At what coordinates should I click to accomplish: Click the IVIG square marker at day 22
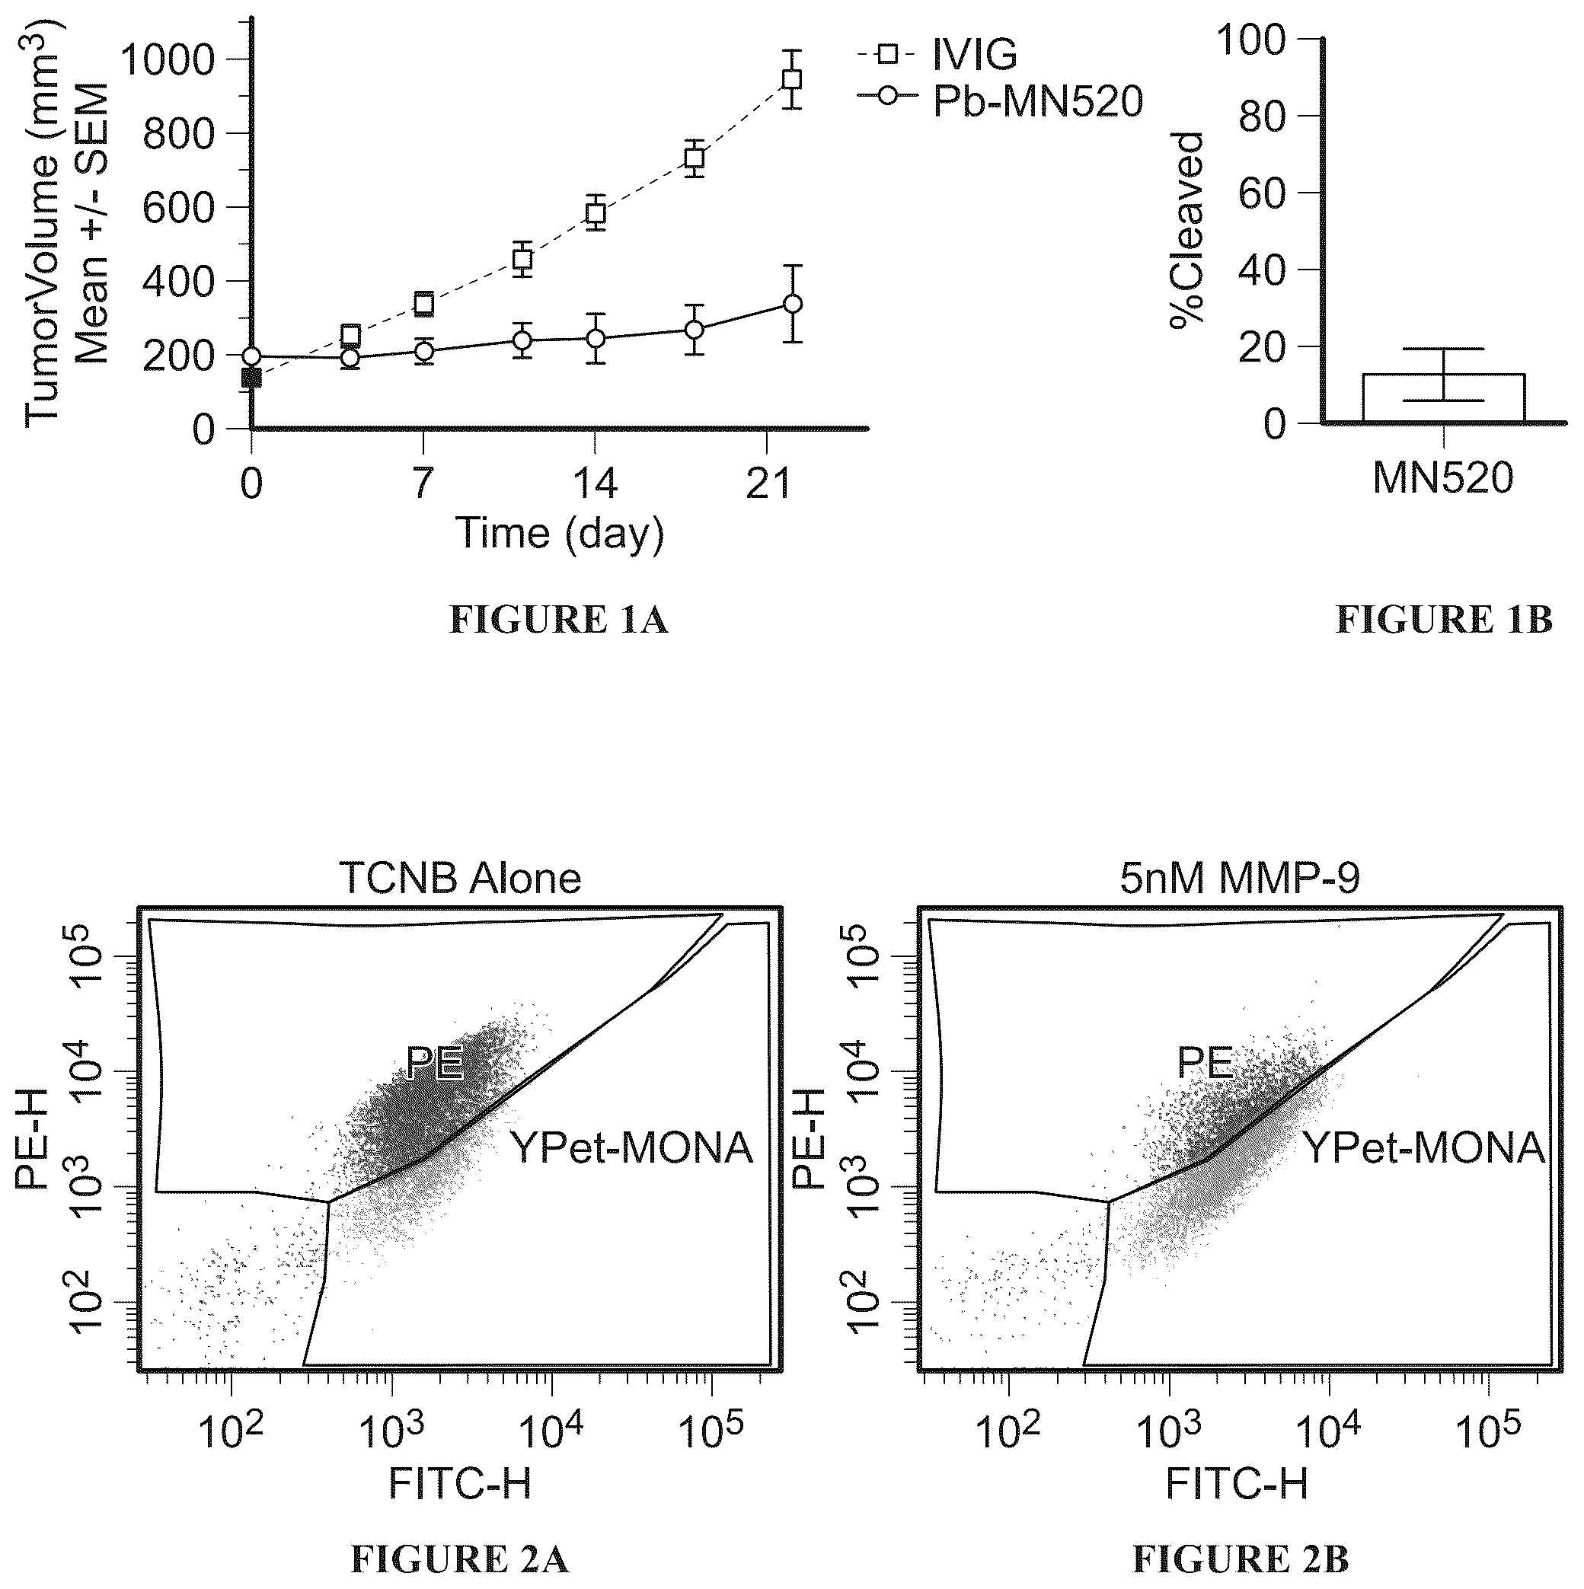click(x=792, y=80)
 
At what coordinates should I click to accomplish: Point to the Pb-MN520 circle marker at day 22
click(x=792, y=304)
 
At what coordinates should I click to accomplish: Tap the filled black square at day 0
click(x=251, y=378)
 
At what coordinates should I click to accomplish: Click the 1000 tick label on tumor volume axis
click(x=179, y=59)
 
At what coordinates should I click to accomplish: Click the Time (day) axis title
click(x=559, y=533)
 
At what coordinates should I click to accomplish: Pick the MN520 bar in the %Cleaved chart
click(x=1443, y=398)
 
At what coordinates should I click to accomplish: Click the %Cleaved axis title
click(x=1186, y=230)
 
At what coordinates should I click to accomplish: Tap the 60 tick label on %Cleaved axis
click(x=1263, y=193)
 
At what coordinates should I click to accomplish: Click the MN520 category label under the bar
click(x=1443, y=478)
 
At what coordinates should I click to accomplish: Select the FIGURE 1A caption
click(x=558, y=620)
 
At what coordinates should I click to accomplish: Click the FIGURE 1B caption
click(x=1444, y=620)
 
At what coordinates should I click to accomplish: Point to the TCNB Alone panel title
click(x=460, y=879)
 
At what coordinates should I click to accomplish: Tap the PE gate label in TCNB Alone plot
click(x=435, y=1064)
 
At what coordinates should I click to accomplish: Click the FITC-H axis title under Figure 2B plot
click(x=1237, y=1485)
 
